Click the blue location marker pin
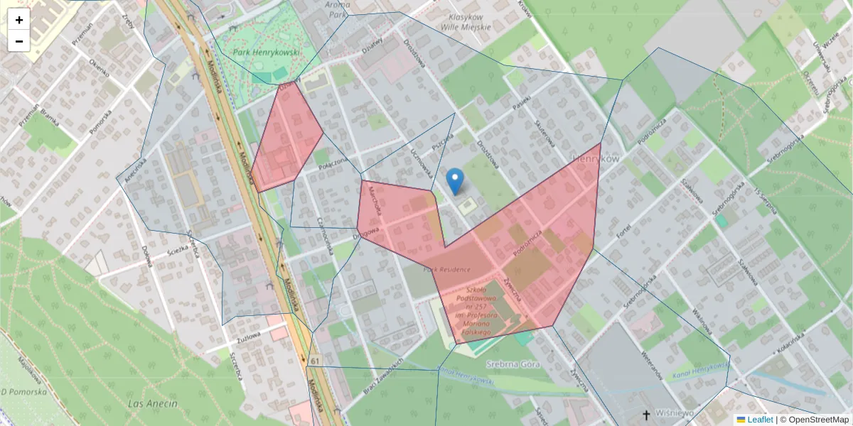point(455,181)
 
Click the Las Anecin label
point(151,403)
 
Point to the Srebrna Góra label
point(513,364)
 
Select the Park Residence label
point(447,270)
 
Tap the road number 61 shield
point(315,362)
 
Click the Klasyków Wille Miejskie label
point(466,22)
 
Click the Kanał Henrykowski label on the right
point(699,371)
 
